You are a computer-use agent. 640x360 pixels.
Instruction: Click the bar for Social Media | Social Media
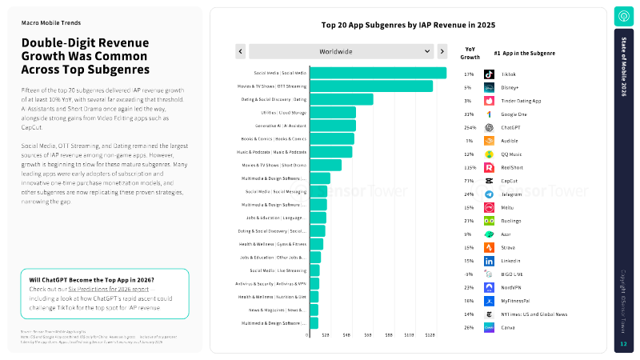tap(377, 74)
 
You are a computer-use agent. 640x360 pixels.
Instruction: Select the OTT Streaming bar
tap(370, 86)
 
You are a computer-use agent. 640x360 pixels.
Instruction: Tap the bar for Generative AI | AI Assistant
tap(332, 126)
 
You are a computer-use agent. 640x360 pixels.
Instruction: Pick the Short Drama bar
tap(325, 165)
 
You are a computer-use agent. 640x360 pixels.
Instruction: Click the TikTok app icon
tap(489, 74)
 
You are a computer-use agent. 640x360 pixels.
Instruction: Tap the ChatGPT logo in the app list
tap(489, 127)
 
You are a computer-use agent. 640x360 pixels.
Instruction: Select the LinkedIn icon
tap(489, 261)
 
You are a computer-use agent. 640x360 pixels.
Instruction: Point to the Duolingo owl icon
tap(489, 220)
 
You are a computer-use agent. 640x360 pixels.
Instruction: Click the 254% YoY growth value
tap(469, 127)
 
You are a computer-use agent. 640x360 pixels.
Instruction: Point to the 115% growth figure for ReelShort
tap(469, 167)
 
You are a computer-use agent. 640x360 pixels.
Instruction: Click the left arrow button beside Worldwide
tap(240, 51)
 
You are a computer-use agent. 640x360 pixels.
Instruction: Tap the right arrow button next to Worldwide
tap(442, 51)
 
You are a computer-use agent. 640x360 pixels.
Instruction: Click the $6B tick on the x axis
tap(366, 335)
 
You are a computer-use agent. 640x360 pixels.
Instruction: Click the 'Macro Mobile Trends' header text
tap(51, 23)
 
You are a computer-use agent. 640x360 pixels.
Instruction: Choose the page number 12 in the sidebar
tap(623, 344)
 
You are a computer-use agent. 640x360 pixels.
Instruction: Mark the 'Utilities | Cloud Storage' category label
tap(283, 113)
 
